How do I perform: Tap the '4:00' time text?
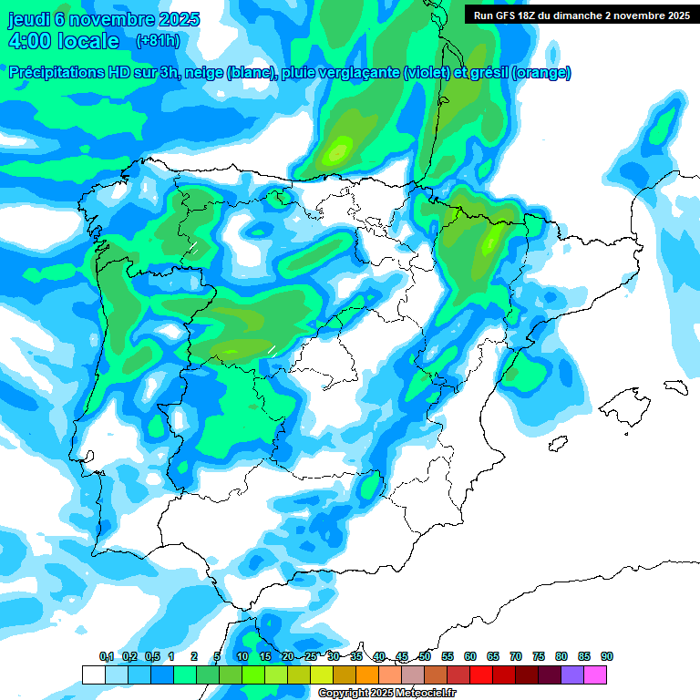pyautogui.click(x=29, y=41)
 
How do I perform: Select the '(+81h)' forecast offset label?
pyautogui.click(x=158, y=41)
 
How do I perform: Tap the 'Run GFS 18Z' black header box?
pyautogui.click(x=582, y=15)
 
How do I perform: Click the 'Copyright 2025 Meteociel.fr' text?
pyautogui.click(x=386, y=694)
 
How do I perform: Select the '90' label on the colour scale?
pyautogui.click(x=606, y=656)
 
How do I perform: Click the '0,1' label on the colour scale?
pyautogui.click(x=106, y=656)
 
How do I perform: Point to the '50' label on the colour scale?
pyautogui.click(x=425, y=656)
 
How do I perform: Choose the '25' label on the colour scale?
pyautogui.click(x=311, y=656)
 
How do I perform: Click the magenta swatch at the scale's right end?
pyautogui.click(x=594, y=674)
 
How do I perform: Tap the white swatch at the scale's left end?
pyautogui.click(x=93, y=674)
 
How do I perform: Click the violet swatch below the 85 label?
pyautogui.click(x=571, y=674)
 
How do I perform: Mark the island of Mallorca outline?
pyautogui.click(x=628, y=401)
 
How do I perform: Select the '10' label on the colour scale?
pyautogui.click(x=242, y=656)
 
